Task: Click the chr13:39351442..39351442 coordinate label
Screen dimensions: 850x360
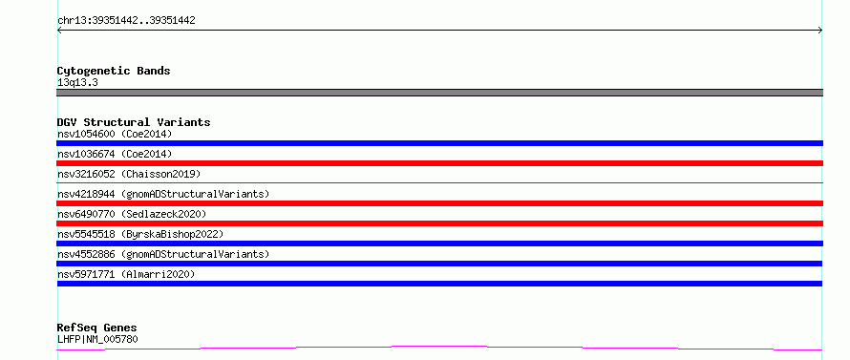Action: pos(126,21)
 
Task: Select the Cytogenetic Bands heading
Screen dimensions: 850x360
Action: pos(114,71)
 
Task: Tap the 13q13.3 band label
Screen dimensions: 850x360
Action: pos(77,83)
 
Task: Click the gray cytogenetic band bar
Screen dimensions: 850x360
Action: pos(439,93)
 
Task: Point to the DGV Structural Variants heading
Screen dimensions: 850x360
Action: pos(134,122)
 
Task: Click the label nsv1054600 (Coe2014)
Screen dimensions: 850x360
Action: pos(115,134)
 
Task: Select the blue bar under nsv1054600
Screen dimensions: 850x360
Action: pos(439,143)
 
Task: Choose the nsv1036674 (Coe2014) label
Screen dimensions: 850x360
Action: pos(115,154)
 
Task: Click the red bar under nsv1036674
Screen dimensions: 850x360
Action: pos(439,163)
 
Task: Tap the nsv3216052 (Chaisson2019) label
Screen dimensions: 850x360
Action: pos(129,174)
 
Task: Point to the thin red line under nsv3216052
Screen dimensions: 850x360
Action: pos(439,183)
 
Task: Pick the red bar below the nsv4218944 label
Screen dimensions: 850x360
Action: pos(439,203)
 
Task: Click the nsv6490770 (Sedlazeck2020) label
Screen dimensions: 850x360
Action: pos(132,214)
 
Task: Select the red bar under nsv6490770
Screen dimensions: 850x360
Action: pos(439,223)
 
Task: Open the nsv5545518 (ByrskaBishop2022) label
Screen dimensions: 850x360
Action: pos(140,234)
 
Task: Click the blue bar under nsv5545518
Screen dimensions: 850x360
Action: pos(439,244)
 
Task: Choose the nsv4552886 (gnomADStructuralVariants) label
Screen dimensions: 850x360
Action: pos(163,254)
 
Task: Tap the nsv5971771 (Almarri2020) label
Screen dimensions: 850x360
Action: pos(126,274)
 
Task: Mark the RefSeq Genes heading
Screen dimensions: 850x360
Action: pos(96,328)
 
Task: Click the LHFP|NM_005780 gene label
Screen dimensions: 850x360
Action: pos(97,340)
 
